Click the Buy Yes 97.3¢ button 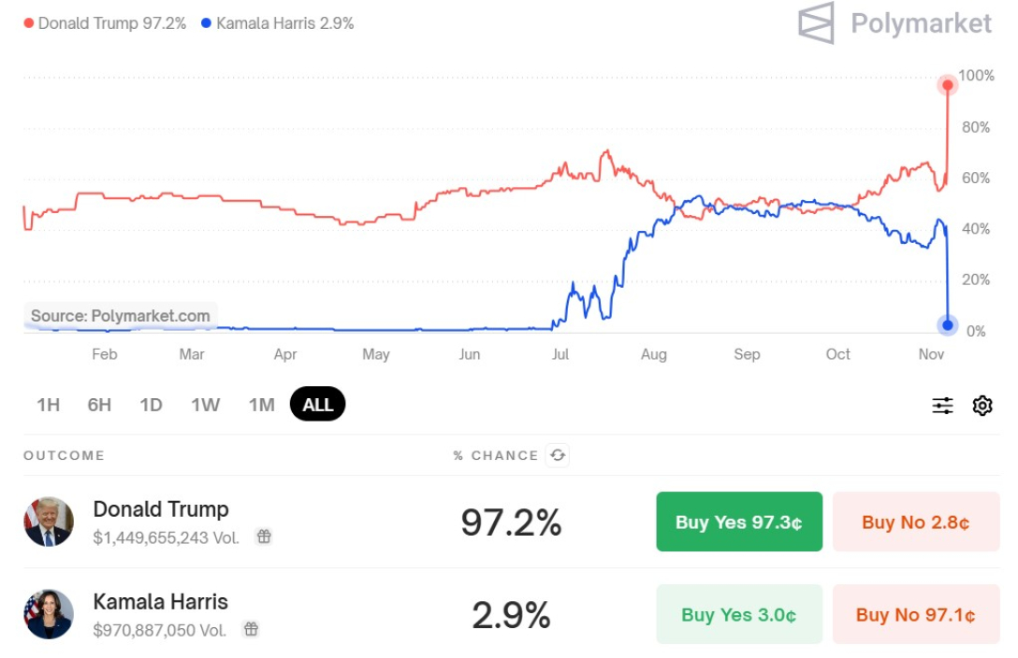coord(739,522)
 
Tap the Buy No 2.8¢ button coord(916,522)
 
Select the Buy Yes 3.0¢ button coord(739,614)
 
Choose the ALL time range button coord(318,405)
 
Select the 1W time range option coord(205,405)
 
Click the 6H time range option coord(99,405)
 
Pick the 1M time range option coord(262,405)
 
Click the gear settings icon coord(982,406)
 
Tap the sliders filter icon coord(942,406)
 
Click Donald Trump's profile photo coord(49,522)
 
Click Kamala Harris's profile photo coord(49,614)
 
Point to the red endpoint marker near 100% coord(948,86)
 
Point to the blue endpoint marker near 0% coord(948,325)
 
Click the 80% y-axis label coord(976,127)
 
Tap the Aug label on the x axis coord(654,354)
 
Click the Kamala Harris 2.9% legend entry coord(278,23)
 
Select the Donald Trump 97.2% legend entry coord(105,23)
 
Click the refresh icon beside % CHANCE coord(558,455)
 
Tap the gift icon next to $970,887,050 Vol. coord(251,629)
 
